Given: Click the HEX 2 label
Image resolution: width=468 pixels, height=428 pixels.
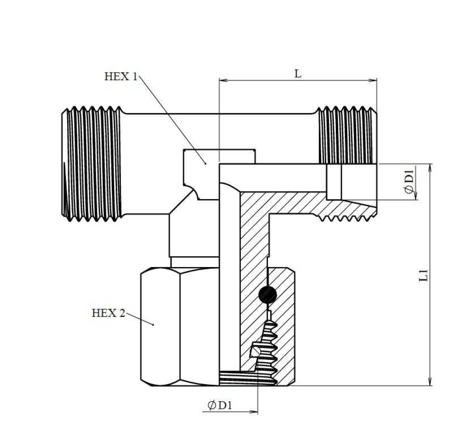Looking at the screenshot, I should tap(108, 313).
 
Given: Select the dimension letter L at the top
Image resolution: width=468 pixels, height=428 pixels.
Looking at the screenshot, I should tap(298, 74).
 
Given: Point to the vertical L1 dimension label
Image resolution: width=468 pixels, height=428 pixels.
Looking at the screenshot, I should tap(424, 275).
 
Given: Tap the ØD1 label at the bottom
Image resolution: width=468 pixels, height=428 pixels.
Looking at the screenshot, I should tap(220, 405).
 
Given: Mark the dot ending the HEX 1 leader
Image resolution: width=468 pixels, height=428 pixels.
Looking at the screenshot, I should tap(205, 163).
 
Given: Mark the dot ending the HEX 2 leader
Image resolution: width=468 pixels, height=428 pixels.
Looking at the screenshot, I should tap(154, 324).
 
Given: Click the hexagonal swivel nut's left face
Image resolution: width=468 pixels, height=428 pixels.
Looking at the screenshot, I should tap(159, 326).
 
